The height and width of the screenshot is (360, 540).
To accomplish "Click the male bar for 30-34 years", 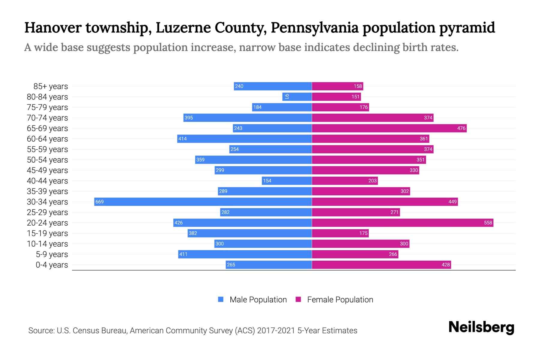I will click(x=203, y=202).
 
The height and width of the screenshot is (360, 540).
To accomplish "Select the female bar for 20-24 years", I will click(x=403, y=223).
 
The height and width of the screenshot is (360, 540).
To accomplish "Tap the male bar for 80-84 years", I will click(x=297, y=97).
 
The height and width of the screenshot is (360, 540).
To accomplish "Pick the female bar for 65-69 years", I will click(x=389, y=128).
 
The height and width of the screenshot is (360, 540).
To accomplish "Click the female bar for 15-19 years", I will click(x=340, y=233).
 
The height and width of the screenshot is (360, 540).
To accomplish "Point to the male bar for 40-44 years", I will click(x=287, y=181).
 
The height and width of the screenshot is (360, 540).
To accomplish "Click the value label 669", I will click(x=99, y=202).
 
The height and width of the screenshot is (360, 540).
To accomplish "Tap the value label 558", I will click(x=488, y=223).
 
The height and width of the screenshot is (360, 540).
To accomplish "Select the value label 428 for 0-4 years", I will click(x=445, y=265).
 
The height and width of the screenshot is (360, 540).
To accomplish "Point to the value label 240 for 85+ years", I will click(x=239, y=86).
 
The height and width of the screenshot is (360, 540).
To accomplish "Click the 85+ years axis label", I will click(x=51, y=86).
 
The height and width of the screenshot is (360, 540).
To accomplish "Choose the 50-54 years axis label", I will click(x=47, y=160).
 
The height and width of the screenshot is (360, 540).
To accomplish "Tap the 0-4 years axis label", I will click(x=52, y=265).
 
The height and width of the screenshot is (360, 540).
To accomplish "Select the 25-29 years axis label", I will click(x=47, y=212).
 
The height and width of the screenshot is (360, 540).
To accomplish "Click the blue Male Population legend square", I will click(x=221, y=299).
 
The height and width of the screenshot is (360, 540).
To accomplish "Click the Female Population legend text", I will click(x=340, y=299).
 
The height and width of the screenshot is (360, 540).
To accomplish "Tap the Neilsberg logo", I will click(x=481, y=327).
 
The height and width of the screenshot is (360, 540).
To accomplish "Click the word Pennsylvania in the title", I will click(x=315, y=28).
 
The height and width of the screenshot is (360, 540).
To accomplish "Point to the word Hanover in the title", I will click(x=53, y=28).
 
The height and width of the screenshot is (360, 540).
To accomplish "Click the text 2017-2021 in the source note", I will click(x=276, y=331).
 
